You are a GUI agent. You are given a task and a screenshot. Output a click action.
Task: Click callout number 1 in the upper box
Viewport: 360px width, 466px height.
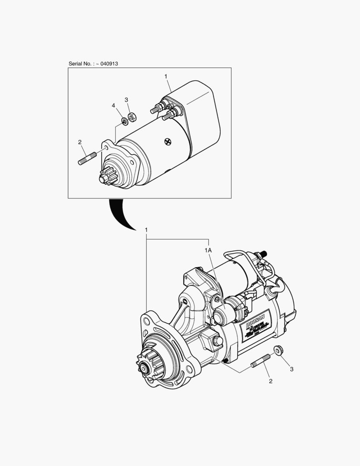[x=166, y=76]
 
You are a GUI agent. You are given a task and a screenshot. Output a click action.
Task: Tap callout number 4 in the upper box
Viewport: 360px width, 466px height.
[x=114, y=105]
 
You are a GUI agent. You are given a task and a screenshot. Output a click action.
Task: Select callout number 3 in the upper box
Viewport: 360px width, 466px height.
[x=126, y=100]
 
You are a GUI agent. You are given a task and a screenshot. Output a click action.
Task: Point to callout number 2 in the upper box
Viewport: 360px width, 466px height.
[x=80, y=142]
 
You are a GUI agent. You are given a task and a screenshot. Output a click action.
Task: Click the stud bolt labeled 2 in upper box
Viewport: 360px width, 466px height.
[x=88, y=158]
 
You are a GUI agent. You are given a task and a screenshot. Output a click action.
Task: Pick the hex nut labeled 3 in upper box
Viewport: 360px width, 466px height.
[x=132, y=116]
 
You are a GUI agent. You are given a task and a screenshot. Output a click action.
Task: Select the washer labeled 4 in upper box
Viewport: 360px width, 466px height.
[x=124, y=121]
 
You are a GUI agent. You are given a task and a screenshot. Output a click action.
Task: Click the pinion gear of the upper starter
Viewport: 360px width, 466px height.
[x=106, y=176]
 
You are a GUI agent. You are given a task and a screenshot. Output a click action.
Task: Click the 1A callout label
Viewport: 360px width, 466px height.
[x=208, y=250]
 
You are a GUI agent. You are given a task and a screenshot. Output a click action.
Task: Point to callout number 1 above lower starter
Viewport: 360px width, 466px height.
[x=147, y=230]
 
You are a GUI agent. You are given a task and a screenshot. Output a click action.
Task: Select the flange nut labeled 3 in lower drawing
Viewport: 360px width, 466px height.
[x=279, y=350]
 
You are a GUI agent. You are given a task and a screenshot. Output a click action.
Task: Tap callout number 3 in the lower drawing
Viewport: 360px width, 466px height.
[x=291, y=369]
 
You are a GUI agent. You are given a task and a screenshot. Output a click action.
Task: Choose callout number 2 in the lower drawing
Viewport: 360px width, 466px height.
[x=270, y=381]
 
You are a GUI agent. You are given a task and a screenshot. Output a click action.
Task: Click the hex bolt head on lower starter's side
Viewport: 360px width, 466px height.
[x=217, y=342]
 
